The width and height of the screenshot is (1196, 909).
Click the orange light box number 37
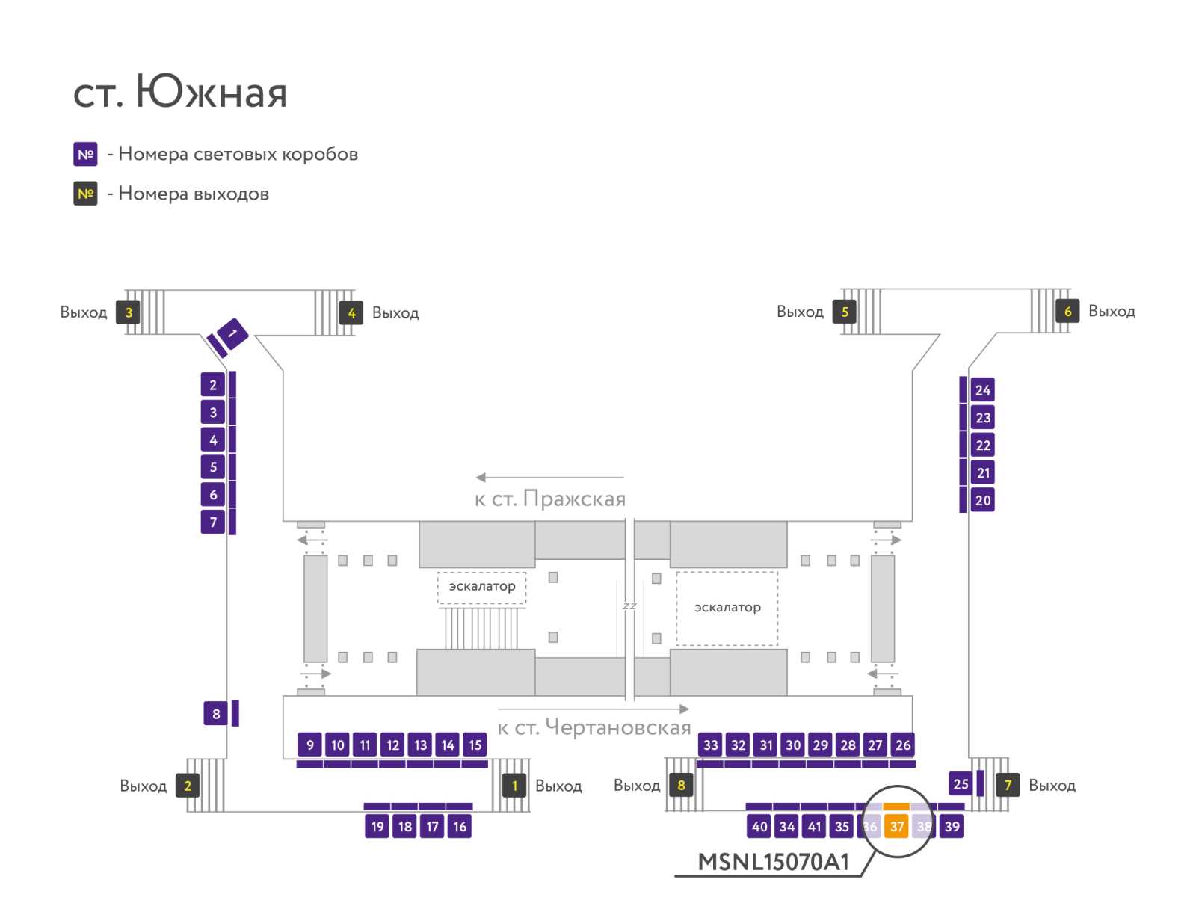(x=896, y=826)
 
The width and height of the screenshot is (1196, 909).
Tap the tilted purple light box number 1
(x=232, y=333)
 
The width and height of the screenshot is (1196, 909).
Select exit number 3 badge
(x=128, y=312)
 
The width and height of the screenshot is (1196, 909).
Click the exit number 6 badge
(x=1067, y=311)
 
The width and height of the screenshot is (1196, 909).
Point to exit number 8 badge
(x=681, y=785)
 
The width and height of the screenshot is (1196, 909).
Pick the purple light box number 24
(x=982, y=390)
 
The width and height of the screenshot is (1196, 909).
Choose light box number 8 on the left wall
(x=216, y=713)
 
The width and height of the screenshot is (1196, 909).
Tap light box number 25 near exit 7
(x=961, y=783)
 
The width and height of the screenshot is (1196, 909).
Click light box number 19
(x=377, y=826)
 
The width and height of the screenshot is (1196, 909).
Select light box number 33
(x=710, y=745)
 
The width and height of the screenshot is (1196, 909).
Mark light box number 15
(x=475, y=745)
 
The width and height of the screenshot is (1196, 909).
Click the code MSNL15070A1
(x=773, y=862)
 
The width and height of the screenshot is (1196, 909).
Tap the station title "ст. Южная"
(x=180, y=91)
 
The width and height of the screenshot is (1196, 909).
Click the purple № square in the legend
(x=85, y=154)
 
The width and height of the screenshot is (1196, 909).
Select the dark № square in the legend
(x=85, y=194)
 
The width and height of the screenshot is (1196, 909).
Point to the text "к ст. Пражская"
(x=549, y=499)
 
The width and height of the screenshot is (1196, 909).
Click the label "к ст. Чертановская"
(x=594, y=727)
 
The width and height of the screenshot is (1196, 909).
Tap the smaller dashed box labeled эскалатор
(x=481, y=588)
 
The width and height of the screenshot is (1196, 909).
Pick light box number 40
(x=759, y=826)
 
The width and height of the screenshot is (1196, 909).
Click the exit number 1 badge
(x=514, y=786)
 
